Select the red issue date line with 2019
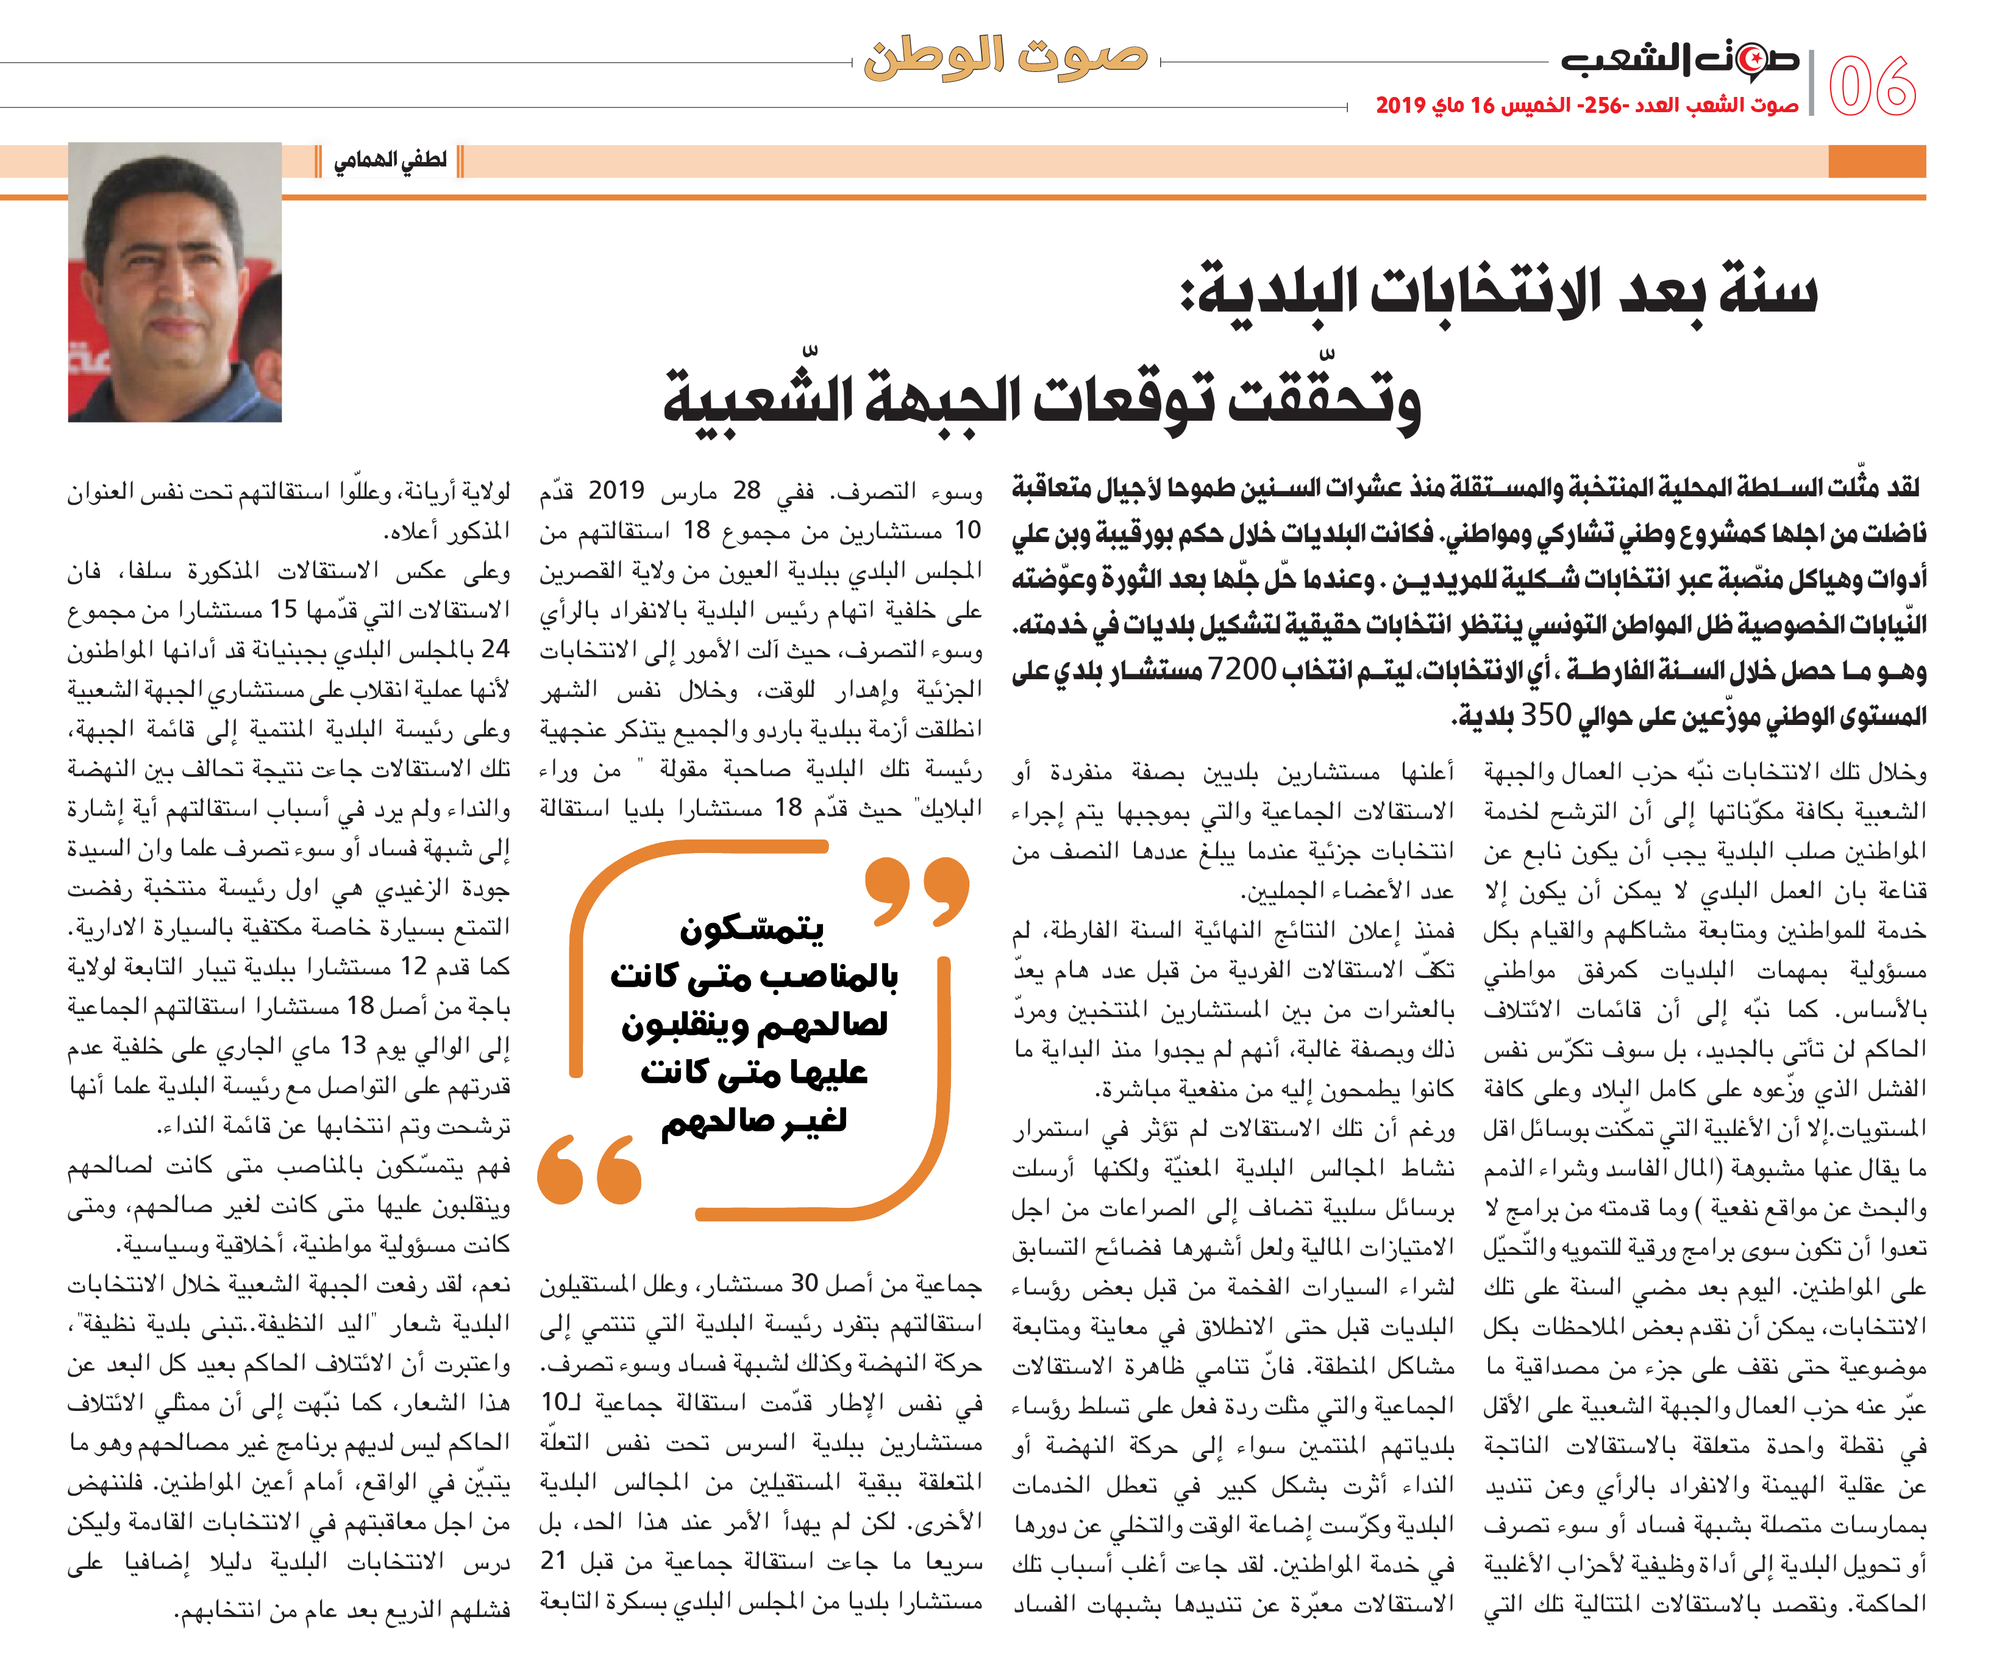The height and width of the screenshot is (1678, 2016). (x=1586, y=105)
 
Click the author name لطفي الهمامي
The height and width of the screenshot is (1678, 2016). (x=390, y=160)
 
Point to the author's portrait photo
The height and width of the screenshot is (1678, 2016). (x=175, y=282)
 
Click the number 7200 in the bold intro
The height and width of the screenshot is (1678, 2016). (x=1241, y=670)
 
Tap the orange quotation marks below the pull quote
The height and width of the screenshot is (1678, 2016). (x=589, y=1169)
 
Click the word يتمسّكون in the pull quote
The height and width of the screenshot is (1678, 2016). (x=752, y=928)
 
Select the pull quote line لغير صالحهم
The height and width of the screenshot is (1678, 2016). (x=753, y=1121)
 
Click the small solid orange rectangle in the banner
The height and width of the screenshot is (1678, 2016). (x=1877, y=161)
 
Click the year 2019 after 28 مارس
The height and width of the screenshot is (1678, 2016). (x=616, y=491)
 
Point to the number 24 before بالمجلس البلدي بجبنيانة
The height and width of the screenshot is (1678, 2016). (x=496, y=650)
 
